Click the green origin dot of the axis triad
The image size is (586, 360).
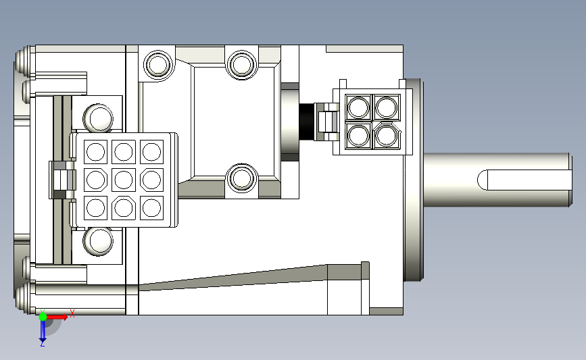point(43,317)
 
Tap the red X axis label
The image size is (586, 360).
point(72,313)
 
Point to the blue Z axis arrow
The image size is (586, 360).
point(43,330)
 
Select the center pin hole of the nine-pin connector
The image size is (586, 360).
point(123,180)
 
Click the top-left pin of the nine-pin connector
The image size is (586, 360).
point(96,151)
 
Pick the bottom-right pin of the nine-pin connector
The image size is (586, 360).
point(151,207)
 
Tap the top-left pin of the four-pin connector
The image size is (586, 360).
point(358,107)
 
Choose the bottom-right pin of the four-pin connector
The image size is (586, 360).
point(387,135)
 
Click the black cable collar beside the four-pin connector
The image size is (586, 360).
point(306,122)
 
